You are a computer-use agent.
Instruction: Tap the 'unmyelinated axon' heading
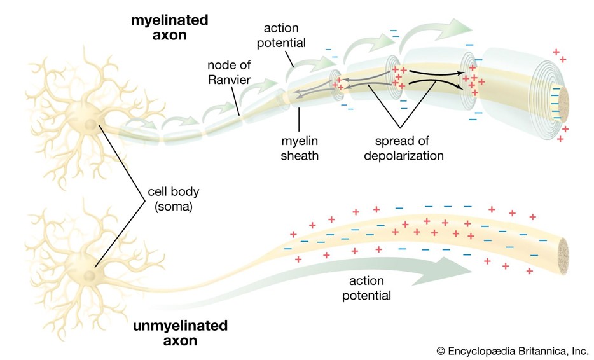click(x=180, y=333)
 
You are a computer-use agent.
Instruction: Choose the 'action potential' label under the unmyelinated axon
click(x=366, y=288)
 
